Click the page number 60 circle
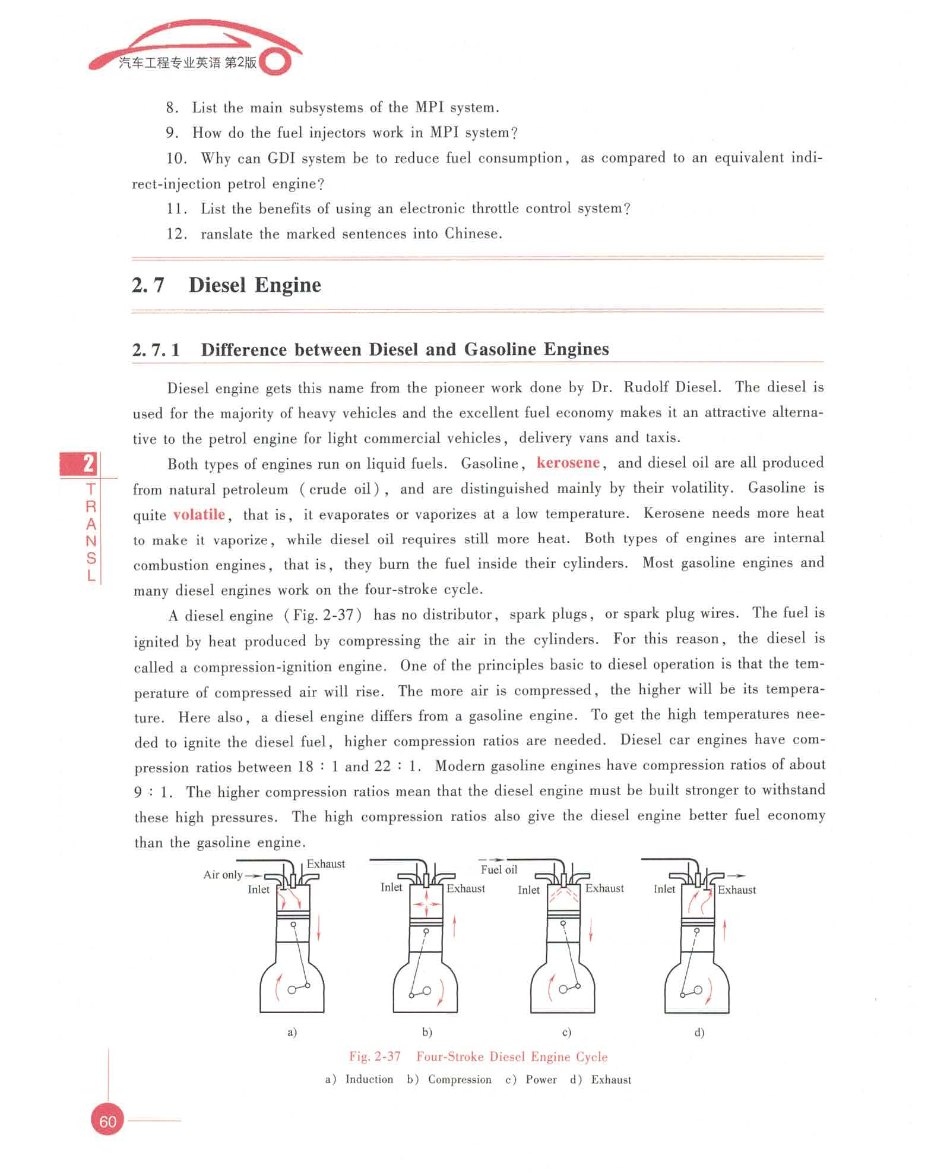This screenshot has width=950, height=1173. click(107, 1121)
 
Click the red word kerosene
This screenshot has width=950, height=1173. click(568, 463)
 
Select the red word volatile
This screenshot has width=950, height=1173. click(199, 514)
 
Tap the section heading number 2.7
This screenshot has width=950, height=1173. click(148, 285)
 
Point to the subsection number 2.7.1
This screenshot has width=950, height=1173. click(156, 349)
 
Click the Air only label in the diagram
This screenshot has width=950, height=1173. click(223, 875)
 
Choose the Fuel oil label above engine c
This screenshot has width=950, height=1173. click(499, 869)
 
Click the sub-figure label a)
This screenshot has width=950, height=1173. click(292, 1032)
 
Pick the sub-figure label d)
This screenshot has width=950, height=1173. click(699, 1032)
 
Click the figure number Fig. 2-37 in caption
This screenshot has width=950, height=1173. click(375, 1057)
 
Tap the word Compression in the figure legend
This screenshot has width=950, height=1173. click(460, 1080)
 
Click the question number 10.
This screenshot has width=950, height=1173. click(176, 158)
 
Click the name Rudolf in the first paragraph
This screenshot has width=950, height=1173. click(646, 387)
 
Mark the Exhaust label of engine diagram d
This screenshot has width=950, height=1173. click(737, 890)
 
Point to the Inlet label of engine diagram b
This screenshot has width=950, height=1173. click(391, 887)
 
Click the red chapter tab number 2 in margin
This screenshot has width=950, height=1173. click(88, 463)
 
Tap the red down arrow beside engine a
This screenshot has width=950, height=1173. click(318, 928)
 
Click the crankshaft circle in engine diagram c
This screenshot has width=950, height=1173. click(563, 989)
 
